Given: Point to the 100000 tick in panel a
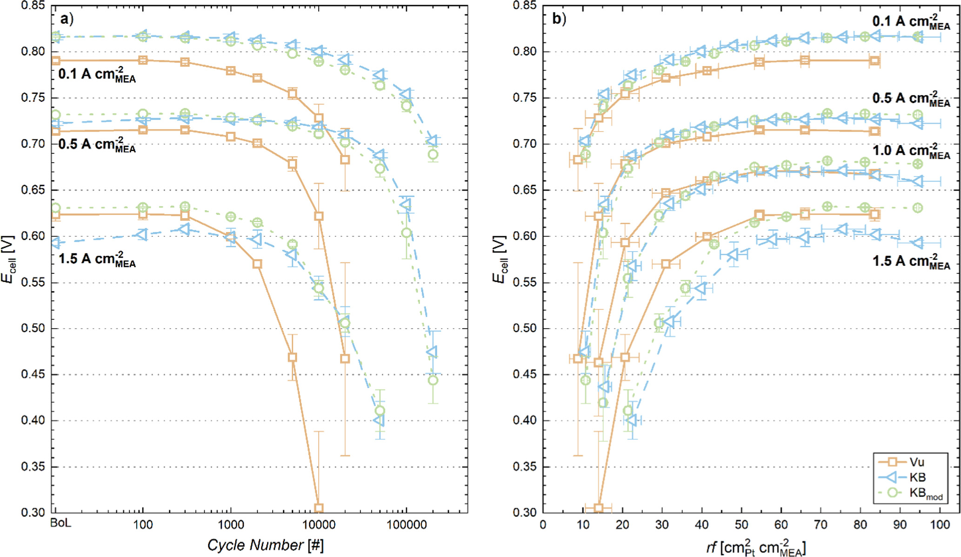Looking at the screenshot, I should [406, 525].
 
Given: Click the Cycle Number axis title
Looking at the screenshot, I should [265, 545].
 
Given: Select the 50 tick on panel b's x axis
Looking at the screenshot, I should [741, 525].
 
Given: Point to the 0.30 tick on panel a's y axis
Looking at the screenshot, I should [33, 512].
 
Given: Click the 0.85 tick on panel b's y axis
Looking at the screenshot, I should [525, 6].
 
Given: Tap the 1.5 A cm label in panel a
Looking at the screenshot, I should [97, 259].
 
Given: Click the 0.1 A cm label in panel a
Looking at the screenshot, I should [97, 75].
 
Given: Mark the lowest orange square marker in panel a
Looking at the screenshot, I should [319, 508].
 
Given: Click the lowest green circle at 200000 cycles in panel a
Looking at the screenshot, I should [433, 380].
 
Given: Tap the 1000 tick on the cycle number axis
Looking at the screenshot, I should [231, 525].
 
